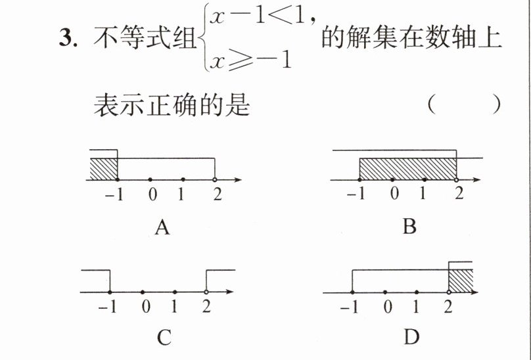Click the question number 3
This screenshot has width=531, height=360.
(x=68, y=37)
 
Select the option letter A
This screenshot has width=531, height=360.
(x=162, y=227)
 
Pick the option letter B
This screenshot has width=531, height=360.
(x=409, y=226)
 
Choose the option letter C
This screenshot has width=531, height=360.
(x=164, y=337)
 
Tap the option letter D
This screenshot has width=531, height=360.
(x=412, y=336)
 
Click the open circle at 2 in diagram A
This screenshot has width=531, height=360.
(x=215, y=179)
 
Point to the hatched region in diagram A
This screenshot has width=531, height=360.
(x=104, y=169)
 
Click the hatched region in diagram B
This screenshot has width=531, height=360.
(x=408, y=169)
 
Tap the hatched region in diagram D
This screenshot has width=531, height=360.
(x=461, y=281)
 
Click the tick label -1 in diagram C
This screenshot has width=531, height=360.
(x=107, y=307)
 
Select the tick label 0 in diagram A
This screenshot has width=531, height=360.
(x=152, y=194)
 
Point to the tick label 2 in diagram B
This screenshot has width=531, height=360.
(x=459, y=193)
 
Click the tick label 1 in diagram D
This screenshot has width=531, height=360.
(x=416, y=307)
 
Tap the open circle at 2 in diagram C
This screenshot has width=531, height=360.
(x=206, y=292)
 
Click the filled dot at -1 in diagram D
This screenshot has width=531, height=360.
(x=352, y=292)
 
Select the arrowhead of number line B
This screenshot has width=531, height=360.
(x=477, y=179)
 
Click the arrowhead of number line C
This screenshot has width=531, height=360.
(x=229, y=292)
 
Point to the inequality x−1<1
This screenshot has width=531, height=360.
(x=258, y=16)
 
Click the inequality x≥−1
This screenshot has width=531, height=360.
(x=250, y=61)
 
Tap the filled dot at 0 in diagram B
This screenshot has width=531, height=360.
(x=392, y=179)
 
